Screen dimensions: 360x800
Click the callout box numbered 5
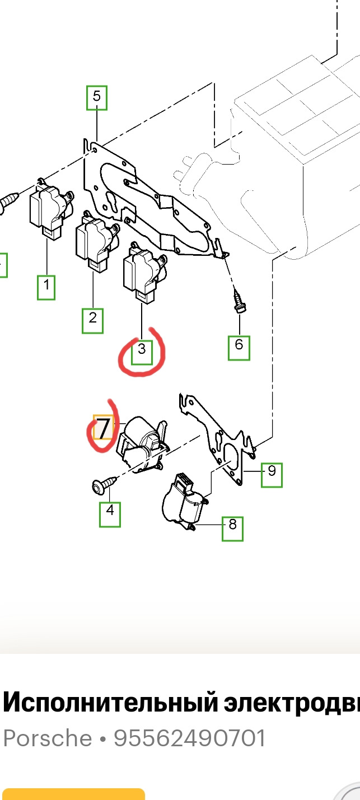[x=97, y=97]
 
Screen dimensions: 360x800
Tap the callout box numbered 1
[x=46, y=287]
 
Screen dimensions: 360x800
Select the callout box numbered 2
[x=93, y=321]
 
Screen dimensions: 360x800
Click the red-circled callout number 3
[x=142, y=352]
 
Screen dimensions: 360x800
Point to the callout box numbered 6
[x=239, y=348]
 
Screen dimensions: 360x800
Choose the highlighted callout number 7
[x=103, y=427]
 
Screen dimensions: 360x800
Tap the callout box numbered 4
[x=110, y=514]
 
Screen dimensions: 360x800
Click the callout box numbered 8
[x=232, y=528]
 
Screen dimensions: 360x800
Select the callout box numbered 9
[x=272, y=475]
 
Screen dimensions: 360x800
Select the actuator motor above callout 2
[x=97, y=241]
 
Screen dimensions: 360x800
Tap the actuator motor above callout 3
[x=144, y=273]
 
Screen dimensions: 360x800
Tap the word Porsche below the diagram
[x=48, y=738]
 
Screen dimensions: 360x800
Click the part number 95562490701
[x=189, y=738]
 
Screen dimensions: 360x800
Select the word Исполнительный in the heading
[x=110, y=703]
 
